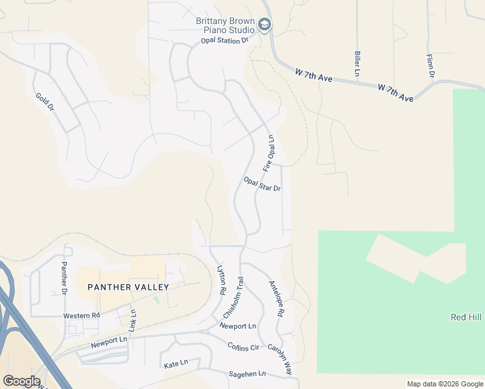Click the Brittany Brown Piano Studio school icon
[264, 25]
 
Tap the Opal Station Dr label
[224, 40]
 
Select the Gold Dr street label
[45, 102]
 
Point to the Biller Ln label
[357, 64]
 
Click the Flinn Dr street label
[431, 65]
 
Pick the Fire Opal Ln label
[269, 154]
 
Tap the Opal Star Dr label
[262, 184]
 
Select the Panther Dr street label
[64, 277]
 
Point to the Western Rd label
[81, 316]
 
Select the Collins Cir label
[243, 347]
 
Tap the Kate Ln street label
[176, 365]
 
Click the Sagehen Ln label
[248, 374]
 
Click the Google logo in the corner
[21, 381]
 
